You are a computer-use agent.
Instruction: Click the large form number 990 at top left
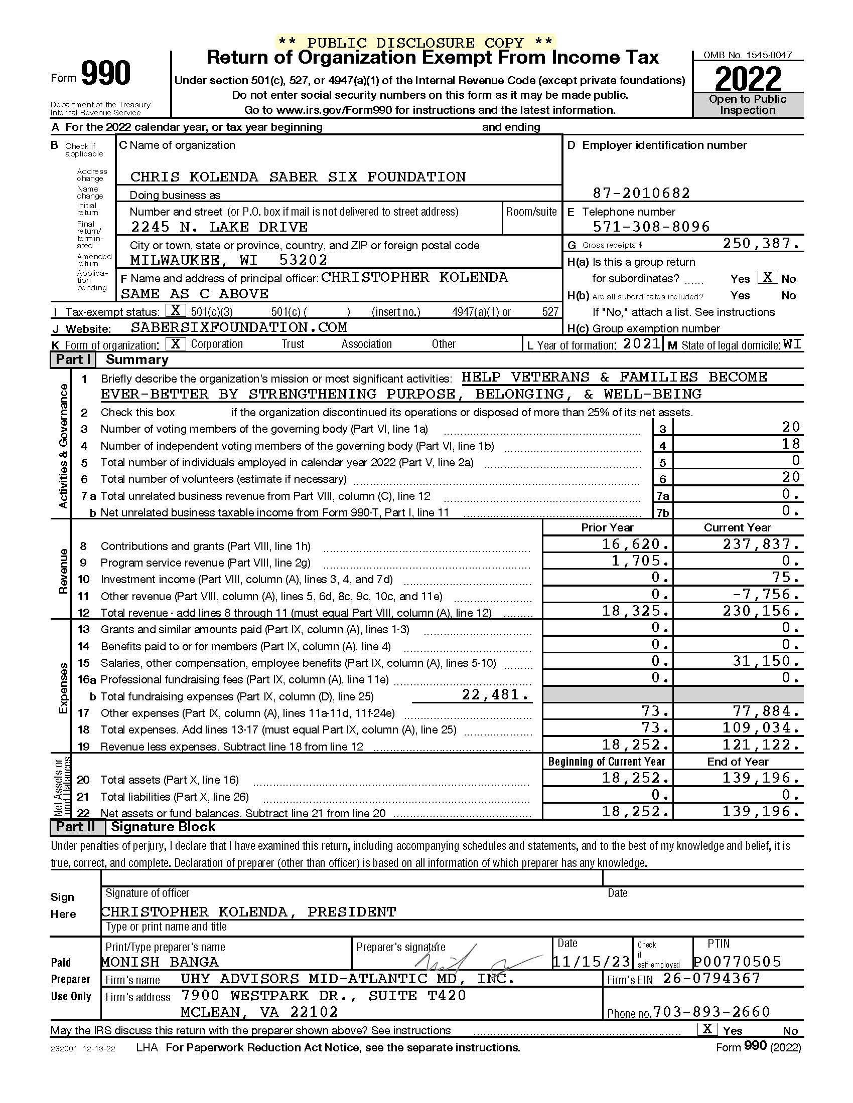click(105, 74)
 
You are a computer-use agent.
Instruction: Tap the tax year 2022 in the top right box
click(748, 79)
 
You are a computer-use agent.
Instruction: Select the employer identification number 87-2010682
click(641, 193)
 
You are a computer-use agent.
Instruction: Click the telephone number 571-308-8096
click(651, 227)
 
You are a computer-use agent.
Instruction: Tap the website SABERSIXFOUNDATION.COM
click(239, 327)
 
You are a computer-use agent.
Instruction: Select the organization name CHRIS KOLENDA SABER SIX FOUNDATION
click(298, 177)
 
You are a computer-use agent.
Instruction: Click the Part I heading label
click(73, 359)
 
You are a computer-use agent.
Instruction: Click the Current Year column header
click(737, 528)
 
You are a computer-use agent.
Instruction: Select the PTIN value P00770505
click(737, 962)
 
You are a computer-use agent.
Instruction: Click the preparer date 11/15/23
click(591, 962)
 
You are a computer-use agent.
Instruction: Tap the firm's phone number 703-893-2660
click(712, 1012)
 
